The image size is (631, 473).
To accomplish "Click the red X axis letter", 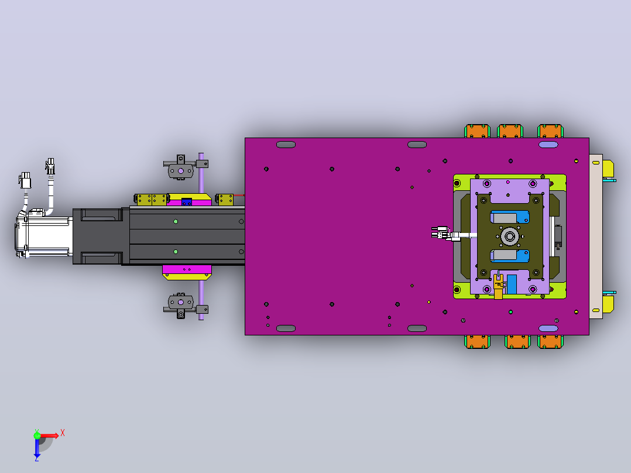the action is click(63, 433).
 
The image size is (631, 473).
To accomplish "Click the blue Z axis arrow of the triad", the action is click(37, 448).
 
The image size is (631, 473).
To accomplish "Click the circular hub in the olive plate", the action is click(509, 236).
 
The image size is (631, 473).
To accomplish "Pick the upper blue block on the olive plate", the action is click(509, 217).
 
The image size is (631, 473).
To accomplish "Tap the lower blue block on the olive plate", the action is click(509, 256).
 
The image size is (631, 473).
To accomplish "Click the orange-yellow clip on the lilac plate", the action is click(498, 286).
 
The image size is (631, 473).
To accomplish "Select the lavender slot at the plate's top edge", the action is click(548, 145).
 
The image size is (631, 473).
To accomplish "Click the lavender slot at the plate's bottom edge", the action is click(548, 328).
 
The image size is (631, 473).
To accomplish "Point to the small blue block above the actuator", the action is click(186, 202).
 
